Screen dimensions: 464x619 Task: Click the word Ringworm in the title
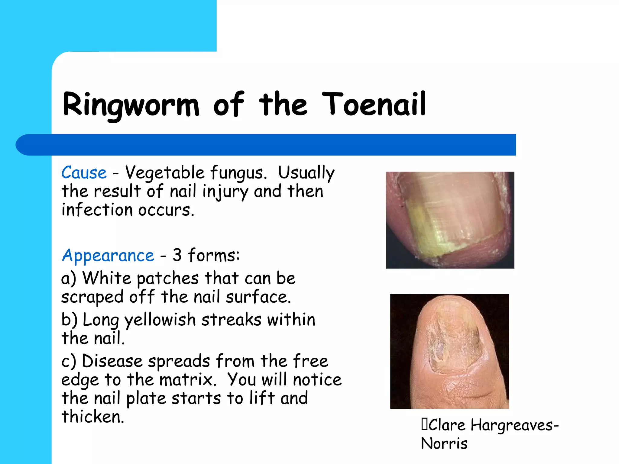click(131, 104)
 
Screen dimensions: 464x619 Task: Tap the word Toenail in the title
click(374, 104)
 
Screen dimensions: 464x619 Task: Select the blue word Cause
click(84, 173)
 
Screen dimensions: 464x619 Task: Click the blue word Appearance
click(108, 256)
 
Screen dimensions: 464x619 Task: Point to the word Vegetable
click(165, 173)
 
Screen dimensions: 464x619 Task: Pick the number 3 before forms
click(177, 255)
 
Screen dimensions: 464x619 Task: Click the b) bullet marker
click(69, 320)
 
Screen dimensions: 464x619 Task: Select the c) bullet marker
click(68, 361)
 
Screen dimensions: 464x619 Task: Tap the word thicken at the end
click(92, 417)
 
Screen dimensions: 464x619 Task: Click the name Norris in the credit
click(444, 444)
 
